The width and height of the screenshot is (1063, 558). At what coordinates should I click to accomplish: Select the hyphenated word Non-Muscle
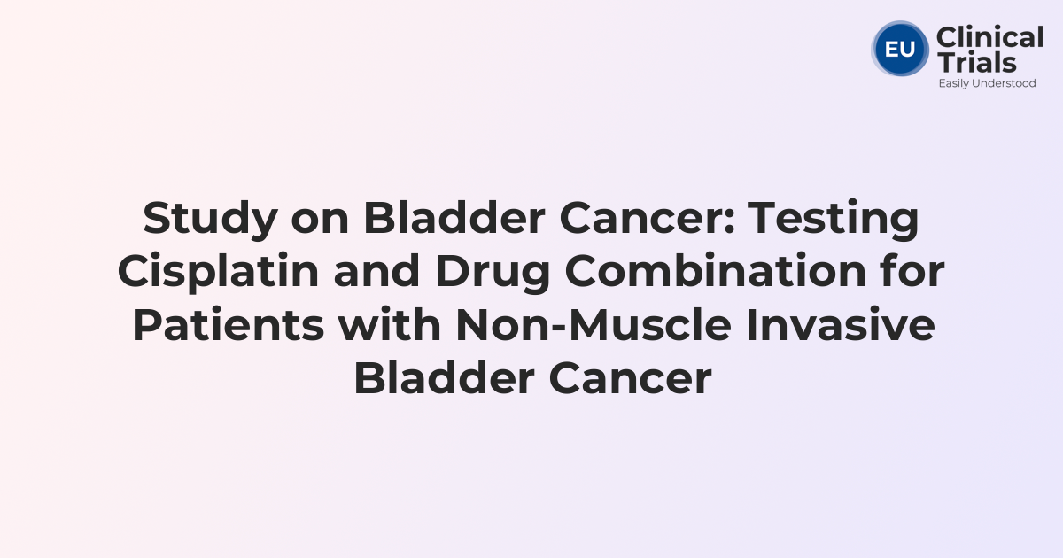(x=594, y=325)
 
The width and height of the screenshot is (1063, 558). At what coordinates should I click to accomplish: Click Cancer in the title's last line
(x=630, y=379)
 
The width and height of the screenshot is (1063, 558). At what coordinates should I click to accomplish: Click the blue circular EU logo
(x=900, y=49)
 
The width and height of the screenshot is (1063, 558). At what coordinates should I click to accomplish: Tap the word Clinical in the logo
(x=989, y=38)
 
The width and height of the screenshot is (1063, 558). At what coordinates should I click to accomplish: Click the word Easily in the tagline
(x=954, y=83)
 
